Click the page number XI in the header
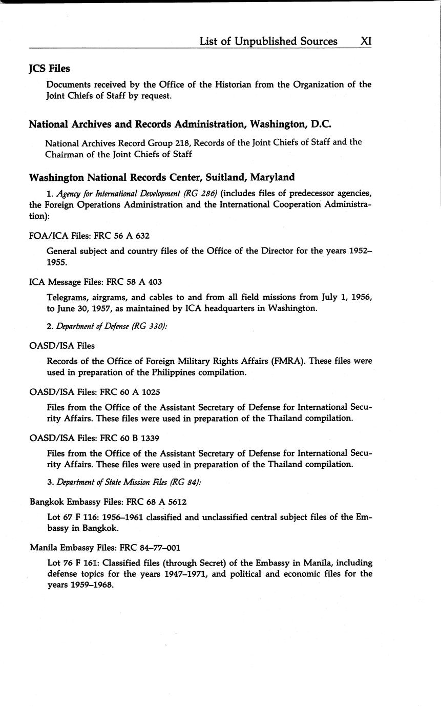[366, 41]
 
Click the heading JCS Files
[49, 68]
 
